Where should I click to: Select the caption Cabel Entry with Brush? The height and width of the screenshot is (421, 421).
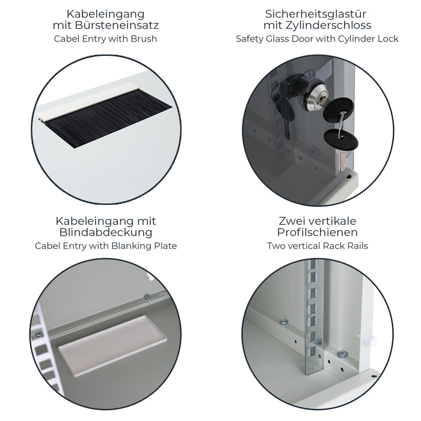(x=105, y=38)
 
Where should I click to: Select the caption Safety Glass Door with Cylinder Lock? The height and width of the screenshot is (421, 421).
(x=317, y=38)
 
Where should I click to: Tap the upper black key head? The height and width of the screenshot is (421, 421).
(x=340, y=111)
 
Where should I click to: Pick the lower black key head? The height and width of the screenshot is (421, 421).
(x=340, y=140)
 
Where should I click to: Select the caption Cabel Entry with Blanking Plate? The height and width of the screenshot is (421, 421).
(x=106, y=245)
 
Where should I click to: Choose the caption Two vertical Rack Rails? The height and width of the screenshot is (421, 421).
(x=318, y=245)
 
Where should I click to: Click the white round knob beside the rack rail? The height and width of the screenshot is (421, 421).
(x=371, y=341)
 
